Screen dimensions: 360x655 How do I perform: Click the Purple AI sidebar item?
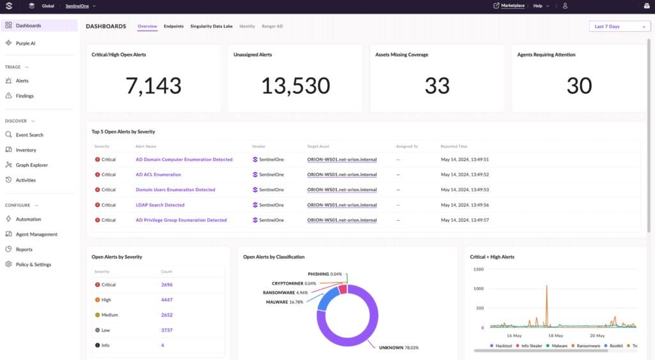[26, 43]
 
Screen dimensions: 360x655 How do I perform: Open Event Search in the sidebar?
[29, 135]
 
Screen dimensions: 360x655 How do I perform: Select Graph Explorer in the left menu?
[31, 165]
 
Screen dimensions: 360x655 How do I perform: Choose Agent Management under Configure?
[36, 234]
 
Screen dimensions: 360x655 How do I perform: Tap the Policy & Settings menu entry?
[33, 264]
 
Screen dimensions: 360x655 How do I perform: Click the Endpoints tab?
[173, 26]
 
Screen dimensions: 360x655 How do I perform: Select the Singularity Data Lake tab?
[211, 26]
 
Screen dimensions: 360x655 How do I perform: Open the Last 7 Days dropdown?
[619, 26]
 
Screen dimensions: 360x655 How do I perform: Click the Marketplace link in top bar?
[512, 6]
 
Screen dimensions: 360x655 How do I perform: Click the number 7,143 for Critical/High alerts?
[154, 86]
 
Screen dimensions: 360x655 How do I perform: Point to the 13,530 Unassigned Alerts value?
[295, 86]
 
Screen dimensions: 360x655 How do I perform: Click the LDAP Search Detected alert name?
[160, 205]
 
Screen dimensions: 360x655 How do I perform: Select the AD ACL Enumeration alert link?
[158, 175]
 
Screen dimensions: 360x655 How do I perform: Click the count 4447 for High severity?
[167, 300]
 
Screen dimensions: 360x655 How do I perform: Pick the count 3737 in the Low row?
[167, 330]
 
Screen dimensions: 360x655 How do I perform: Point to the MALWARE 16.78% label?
[285, 302]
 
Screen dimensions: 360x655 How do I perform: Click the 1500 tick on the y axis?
[478, 269]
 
